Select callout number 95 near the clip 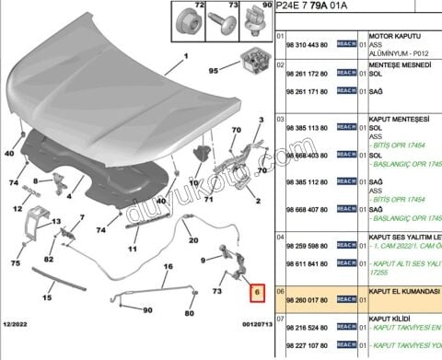pyautogui.click(x=214, y=70)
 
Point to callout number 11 pyautogui.click(x=133, y=248)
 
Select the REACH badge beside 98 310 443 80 pyautogui.click(x=346, y=45)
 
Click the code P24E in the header pyautogui.click(x=288, y=8)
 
